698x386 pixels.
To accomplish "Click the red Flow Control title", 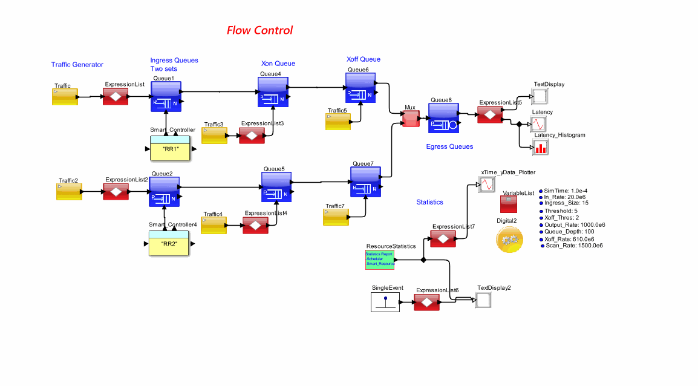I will coord(259,30).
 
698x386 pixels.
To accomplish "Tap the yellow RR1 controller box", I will coord(171,148).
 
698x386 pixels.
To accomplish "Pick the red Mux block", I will coord(411,119).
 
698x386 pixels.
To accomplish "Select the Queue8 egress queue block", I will coord(444,117).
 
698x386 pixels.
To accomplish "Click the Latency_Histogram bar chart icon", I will coord(540,146).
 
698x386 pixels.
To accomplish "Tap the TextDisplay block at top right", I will coord(539,96).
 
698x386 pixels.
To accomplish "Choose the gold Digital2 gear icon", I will coord(507,240).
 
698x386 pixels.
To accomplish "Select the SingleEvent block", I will coord(385,301).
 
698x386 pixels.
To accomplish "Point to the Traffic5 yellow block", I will coord(338,122).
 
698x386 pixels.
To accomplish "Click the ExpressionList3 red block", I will coord(252,135).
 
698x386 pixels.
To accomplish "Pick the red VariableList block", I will coord(508,203).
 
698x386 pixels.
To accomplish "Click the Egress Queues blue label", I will coord(449,146).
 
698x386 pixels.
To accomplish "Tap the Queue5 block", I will coord(276,186).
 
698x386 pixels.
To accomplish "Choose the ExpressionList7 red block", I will coord(443,238).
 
